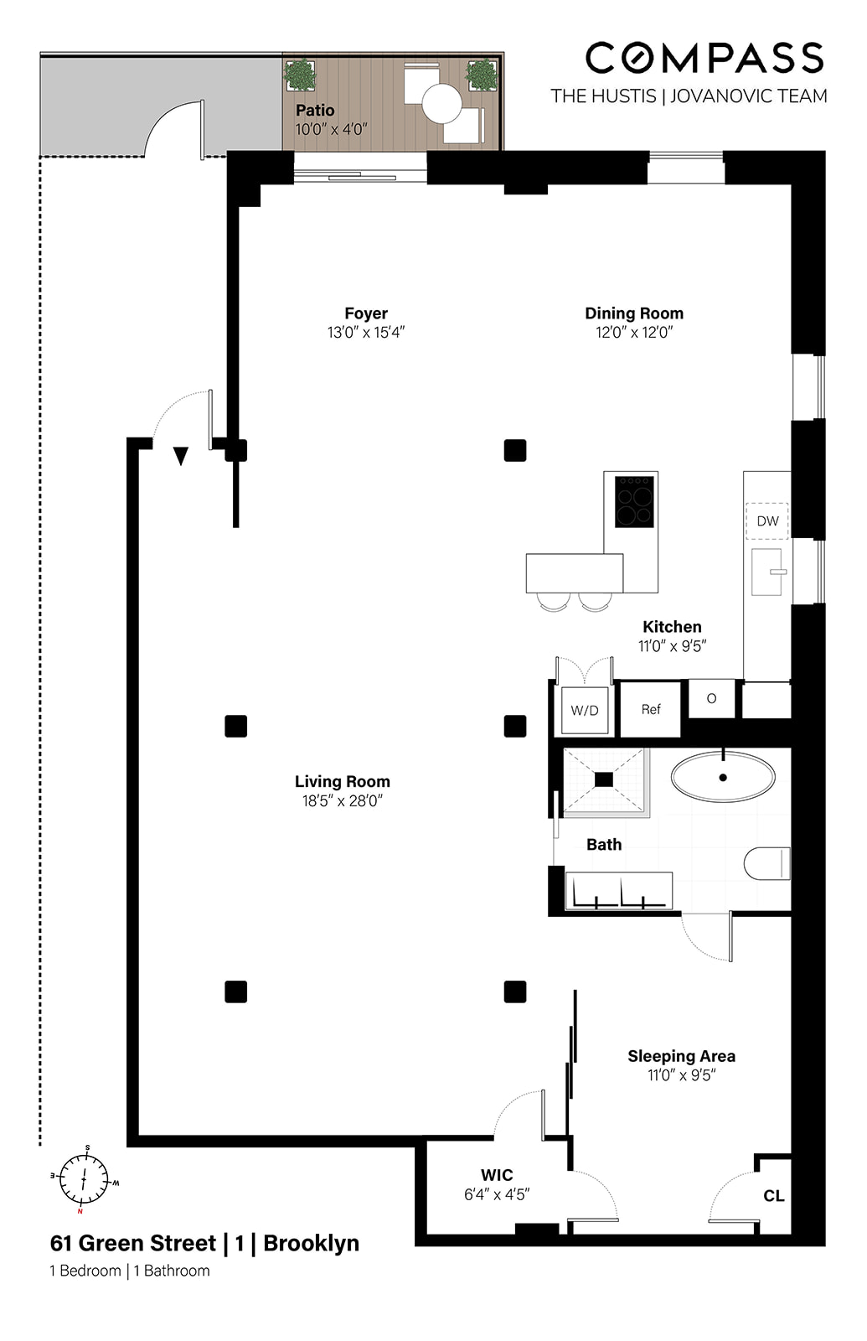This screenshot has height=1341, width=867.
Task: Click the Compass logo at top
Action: (704, 59)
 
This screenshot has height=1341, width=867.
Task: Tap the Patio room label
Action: (315, 111)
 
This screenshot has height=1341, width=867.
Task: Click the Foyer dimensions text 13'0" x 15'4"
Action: (366, 333)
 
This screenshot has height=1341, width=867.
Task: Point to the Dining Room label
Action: (634, 313)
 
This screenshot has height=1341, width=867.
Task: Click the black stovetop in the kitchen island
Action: (634, 501)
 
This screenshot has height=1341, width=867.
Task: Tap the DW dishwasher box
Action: (767, 520)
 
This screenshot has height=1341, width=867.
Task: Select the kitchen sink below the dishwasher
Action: (766, 572)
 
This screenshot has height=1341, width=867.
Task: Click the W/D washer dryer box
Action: (585, 710)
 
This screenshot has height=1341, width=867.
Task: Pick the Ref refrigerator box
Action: (651, 709)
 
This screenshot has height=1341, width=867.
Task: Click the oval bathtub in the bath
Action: (723, 777)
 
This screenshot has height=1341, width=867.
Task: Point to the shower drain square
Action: (604, 779)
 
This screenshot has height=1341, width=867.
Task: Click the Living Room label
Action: (342, 781)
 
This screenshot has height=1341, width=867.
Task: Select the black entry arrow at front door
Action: (181, 456)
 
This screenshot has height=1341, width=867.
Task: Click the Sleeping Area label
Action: (681, 1056)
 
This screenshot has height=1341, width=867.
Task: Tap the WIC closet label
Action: (497, 1175)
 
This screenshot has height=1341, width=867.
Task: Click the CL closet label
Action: (773, 1196)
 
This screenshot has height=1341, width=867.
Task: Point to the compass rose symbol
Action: (84, 1179)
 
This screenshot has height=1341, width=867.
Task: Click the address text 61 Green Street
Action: (133, 1243)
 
